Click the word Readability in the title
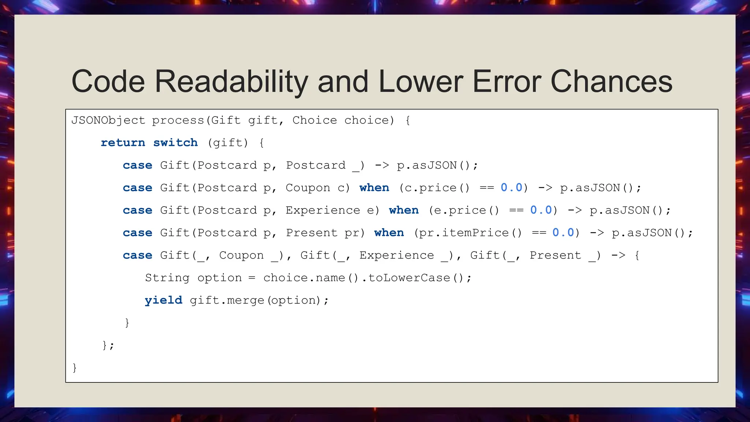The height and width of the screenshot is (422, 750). coord(231,81)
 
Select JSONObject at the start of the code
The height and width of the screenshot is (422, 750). coord(108,120)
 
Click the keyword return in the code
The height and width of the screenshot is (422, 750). coord(123,142)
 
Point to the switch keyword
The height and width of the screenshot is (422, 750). coord(175,142)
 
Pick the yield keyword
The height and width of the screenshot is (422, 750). coord(163,300)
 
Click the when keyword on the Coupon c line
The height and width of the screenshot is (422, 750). coord(374,188)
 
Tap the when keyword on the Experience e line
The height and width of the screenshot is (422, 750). coord(404,210)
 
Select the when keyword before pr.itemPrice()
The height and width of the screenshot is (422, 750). coord(389,233)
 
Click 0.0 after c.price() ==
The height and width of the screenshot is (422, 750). coord(511,188)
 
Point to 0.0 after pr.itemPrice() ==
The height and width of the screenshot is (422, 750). coord(563,233)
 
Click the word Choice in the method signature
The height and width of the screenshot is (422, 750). coord(315,120)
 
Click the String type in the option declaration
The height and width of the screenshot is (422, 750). coord(167,278)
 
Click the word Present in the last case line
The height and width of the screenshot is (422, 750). coord(555,255)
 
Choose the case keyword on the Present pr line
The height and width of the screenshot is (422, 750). coord(137,233)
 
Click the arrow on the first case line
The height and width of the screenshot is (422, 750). coord(382,165)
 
